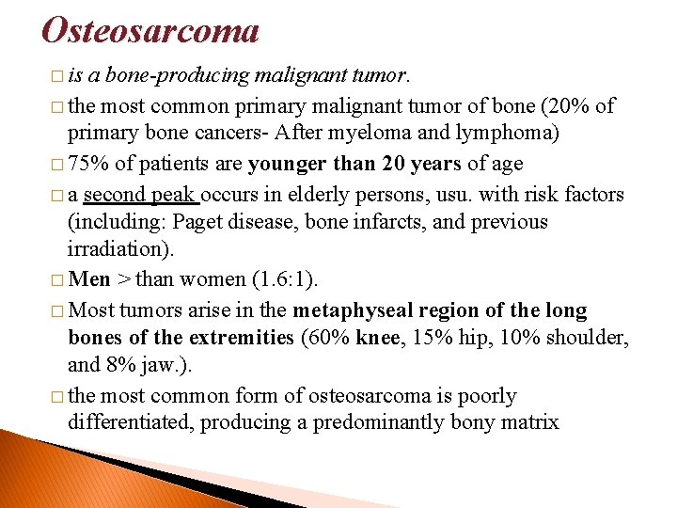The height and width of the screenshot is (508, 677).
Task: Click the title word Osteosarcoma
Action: pyautogui.click(x=150, y=30)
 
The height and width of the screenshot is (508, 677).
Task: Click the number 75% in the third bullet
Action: pyautogui.click(x=90, y=164)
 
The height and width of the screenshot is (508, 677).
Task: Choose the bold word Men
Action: pyautogui.click(x=89, y=278)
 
